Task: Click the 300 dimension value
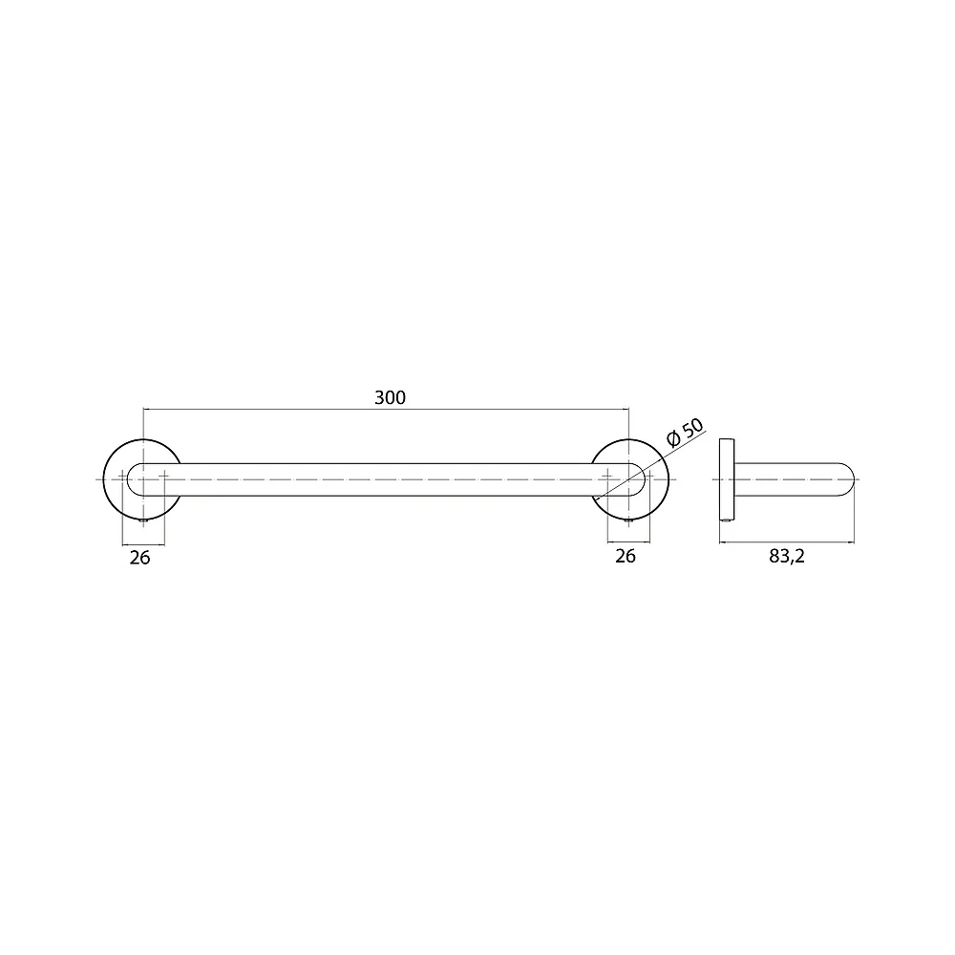(390, 397)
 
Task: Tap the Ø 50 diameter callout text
(685, 433)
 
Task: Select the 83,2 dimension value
(786, 556)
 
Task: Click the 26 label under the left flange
(139, 558)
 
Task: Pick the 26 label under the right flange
(625, 556)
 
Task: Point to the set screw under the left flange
(143, 520)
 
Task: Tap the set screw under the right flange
(629, 520)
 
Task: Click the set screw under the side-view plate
(727, 520)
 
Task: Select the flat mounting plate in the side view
(727, 479)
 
